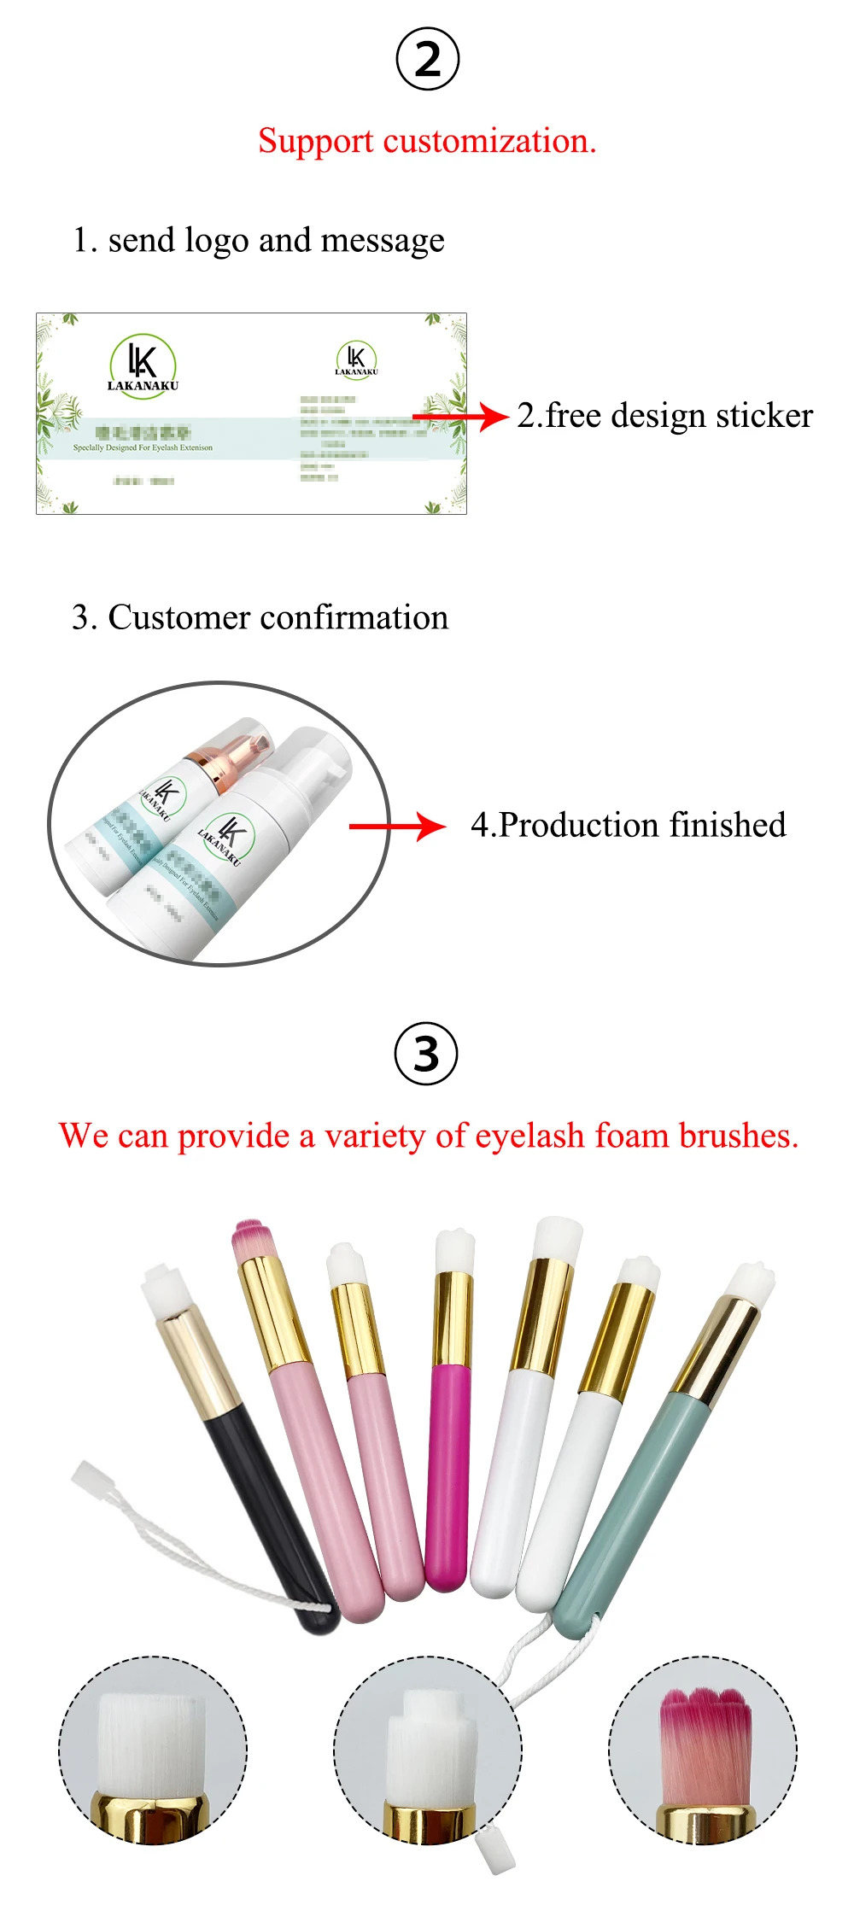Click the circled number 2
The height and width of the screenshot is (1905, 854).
[428, 59]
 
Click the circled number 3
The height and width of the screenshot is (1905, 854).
[426, 1053]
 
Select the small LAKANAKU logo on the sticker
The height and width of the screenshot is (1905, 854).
[356, 359]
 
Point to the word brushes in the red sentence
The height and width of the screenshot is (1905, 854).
[739, 1136]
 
